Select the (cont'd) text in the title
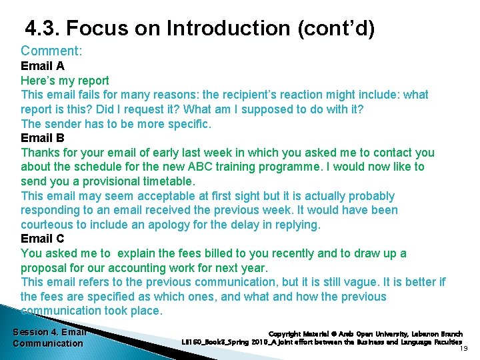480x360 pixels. pos(337,29)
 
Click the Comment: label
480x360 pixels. pos(51,51)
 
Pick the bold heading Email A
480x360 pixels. pos(43,66)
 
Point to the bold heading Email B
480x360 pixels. pos(43,138)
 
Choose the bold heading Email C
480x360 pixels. pos(43,239)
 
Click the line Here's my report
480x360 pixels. pos(65,81)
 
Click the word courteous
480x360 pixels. pos(48,225)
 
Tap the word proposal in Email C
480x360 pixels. pos(45,268)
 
